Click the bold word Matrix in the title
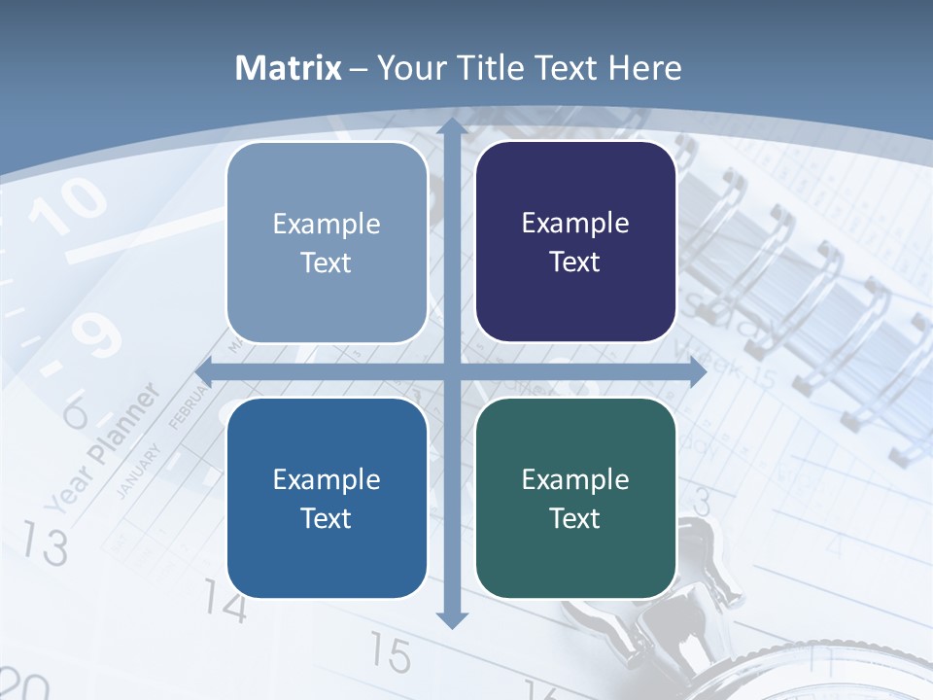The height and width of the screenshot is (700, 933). click(289, 68)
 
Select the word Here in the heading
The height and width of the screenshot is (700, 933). click(644, 68)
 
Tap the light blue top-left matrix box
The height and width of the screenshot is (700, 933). click(327, 242)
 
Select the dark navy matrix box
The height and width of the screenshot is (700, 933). click(575, 242)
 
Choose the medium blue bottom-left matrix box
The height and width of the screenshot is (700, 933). click(327, 498)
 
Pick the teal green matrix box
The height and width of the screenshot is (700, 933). click(575, 498)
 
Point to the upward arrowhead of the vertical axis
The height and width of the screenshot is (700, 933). click(451, 126)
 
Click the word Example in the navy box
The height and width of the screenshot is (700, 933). click(575, 224)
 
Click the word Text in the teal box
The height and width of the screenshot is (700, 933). click(575, 518)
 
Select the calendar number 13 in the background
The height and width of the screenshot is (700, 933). click(45, 543)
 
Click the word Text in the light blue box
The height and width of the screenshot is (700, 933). click(327, 262)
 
